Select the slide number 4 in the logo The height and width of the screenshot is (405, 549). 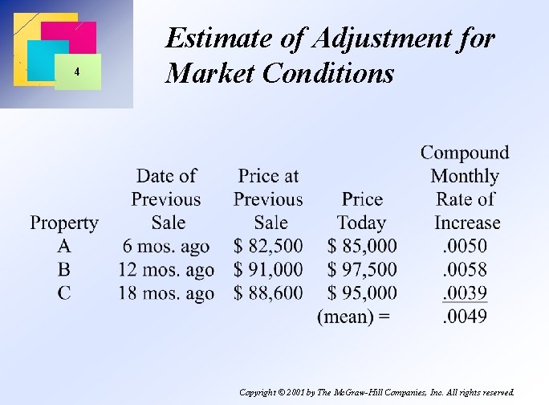[x=76, y=72]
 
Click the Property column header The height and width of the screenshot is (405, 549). [x=64, y=223]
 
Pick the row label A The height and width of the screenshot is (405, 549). [x=64, y=246]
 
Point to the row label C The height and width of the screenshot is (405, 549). [x=64, y=292]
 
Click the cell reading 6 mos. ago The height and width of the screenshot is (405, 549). [x=166, y=246]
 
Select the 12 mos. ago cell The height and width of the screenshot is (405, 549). [x=166, y=269]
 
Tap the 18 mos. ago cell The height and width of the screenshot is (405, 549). [x=166, y=292]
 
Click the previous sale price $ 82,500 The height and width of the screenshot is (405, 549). [x=268, y=246]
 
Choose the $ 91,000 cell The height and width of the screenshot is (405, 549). [x=268, y=269]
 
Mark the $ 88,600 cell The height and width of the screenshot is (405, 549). [x=268, y=292]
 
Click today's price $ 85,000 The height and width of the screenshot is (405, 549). [x=362, y=246]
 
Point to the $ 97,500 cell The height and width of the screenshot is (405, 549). [x=362, y=269]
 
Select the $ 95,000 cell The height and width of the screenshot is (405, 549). [x=362, y=292]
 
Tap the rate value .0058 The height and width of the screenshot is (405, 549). [x=466, y=269]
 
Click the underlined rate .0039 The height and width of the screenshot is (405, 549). [x=466, y=292]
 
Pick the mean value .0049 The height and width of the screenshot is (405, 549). [x=466, y=316]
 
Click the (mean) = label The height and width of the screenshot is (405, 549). [x=354, y=316]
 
